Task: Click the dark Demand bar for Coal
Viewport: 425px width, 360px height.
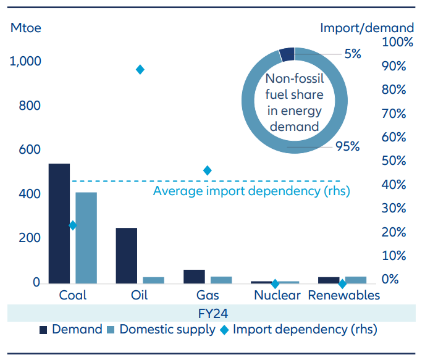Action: (x=59, y=224)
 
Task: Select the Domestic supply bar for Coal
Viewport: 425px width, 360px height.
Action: (x=86, y=238)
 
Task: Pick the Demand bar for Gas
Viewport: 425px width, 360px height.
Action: (x=194, y=277)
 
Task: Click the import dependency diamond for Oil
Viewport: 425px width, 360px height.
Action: (x=140, y=69)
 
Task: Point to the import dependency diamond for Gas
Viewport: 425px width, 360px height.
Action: (x=208, y=170)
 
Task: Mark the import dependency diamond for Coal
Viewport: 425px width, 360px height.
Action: (x=73, y=225)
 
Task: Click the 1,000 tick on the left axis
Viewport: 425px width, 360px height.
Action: (x=25, y=62)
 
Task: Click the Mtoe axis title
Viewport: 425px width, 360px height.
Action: (x=25, y=28)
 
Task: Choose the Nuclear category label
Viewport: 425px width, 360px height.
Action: (x=277, y=295)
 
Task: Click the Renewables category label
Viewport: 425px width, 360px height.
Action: (x=343, y=295)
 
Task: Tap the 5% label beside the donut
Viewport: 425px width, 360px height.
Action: (x=353, y=54)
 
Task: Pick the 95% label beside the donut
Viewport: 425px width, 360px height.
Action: (x=347, y=146)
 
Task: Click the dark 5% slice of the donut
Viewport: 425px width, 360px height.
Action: (x=287, y=54)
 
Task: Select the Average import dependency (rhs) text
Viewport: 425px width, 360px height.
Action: (x=251, y=191)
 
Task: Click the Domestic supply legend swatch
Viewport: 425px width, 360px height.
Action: (x=111, y=330)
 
